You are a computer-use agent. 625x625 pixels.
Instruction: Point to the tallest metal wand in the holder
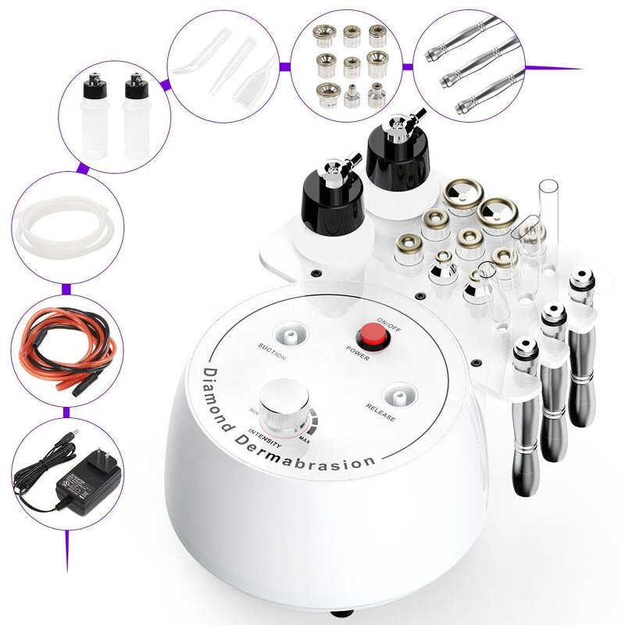tap(581, 344)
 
